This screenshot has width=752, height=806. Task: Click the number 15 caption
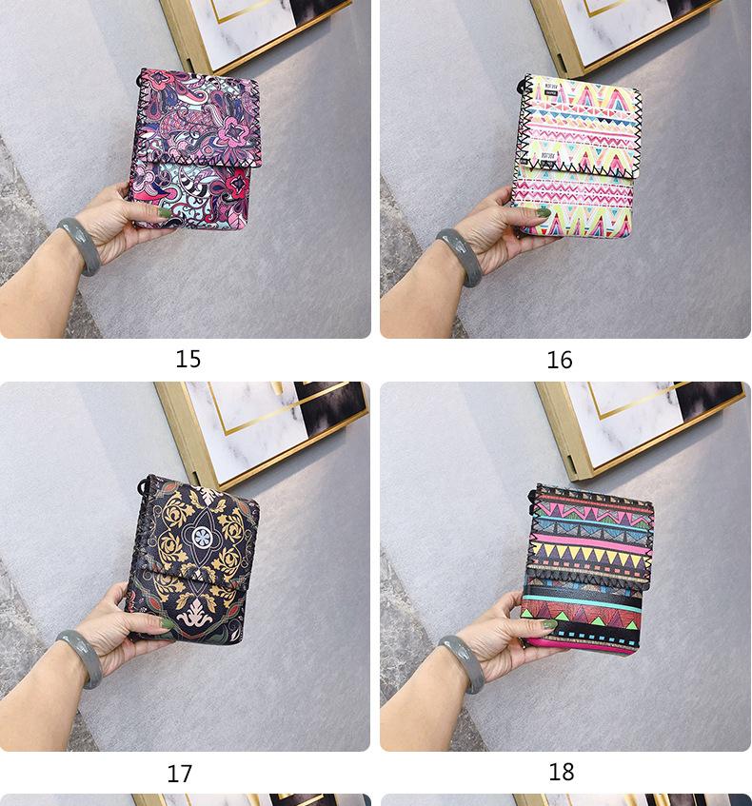(188, 359)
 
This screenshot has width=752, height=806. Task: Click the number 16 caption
(560, 360)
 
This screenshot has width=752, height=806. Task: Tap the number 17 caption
(180, 774)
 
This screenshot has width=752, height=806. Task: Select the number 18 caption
(562, 772)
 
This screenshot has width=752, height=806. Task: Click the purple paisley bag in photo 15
(197, 147)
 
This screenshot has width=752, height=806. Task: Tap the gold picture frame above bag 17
(257, 433)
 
